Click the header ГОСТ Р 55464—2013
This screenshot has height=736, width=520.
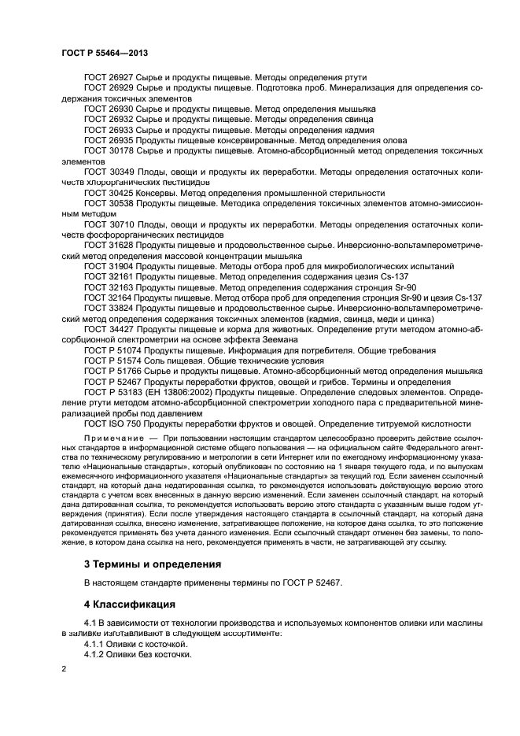(104, 52)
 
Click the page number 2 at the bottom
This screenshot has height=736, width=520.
(65, 668)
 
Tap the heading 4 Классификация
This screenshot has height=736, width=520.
(129, 604)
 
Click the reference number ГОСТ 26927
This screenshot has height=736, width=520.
(108, 77)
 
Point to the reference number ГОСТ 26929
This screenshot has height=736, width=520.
(108, 87)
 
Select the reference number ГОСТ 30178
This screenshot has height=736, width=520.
(108, 149)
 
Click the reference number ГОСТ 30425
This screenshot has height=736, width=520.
(108, 192)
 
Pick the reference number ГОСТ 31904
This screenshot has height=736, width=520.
(108, 267)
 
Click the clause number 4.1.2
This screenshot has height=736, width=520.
(95, 653)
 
